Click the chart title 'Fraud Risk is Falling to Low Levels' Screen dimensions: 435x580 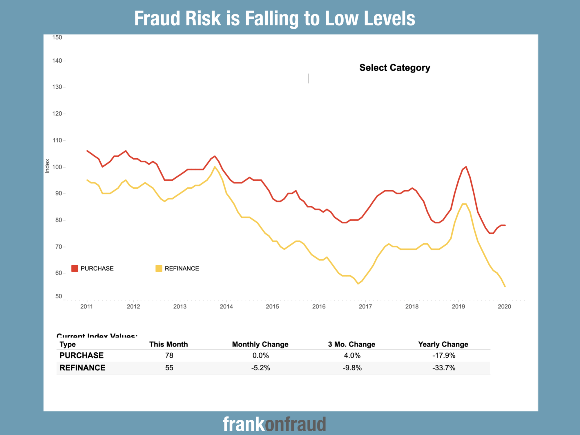274,18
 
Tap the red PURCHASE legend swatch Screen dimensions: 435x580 75,268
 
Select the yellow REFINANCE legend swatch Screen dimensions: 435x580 159,268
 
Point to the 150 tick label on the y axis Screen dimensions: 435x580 57,37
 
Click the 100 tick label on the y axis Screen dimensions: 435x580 57,167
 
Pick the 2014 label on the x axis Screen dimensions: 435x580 226,307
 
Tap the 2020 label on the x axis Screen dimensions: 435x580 504,307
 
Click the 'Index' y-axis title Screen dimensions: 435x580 47,166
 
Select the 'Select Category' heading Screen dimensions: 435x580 395,68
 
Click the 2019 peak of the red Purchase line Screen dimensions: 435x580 466,167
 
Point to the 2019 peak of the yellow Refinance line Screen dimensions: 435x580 464,204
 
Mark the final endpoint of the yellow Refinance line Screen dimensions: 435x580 505,287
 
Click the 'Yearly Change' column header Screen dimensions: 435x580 443,344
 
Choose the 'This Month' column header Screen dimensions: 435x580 168,344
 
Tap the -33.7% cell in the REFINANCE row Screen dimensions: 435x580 444,368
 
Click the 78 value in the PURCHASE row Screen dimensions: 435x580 169,355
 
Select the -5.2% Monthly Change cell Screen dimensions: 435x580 260,368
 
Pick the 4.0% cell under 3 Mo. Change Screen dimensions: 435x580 352,355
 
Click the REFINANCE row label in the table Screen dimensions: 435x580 82,368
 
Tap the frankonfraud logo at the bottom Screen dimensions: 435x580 274,424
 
